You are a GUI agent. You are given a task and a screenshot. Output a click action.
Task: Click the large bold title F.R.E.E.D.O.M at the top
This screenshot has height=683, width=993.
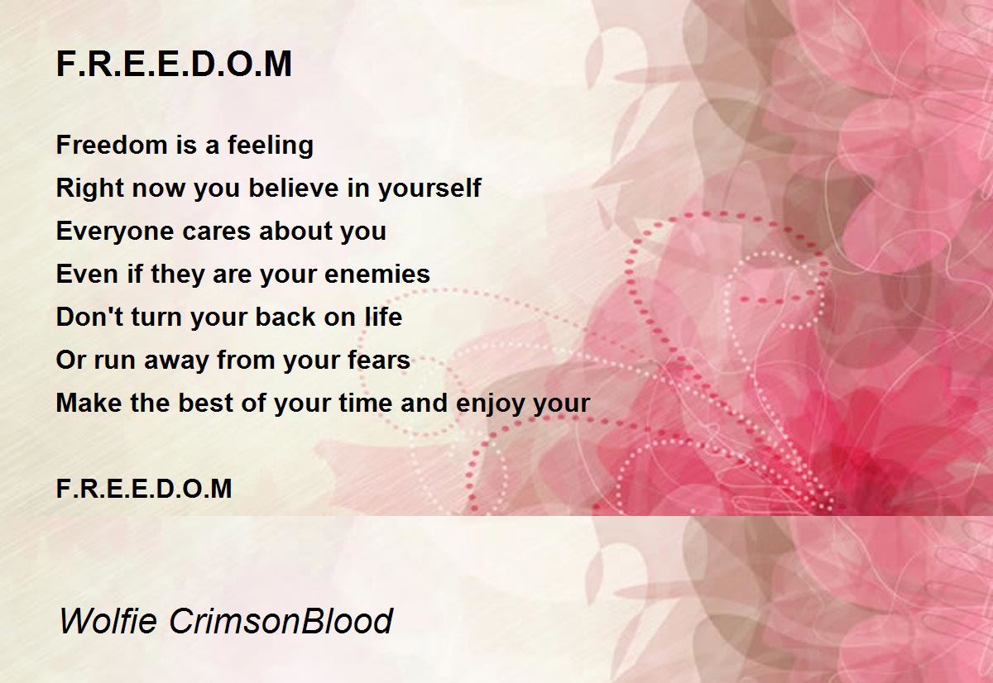(174, 64)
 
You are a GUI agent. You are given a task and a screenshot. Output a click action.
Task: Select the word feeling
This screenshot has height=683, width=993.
(271, 146)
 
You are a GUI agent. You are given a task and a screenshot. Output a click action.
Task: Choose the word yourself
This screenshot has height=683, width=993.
(429, 189)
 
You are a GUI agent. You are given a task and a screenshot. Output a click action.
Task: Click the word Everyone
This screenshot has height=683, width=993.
(115, 232)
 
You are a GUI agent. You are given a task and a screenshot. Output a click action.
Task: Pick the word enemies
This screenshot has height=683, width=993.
(377, 275)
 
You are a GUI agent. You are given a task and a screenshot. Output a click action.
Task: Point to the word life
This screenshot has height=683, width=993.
(383, 318)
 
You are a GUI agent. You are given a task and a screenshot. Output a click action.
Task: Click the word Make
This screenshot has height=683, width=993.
(89, 403)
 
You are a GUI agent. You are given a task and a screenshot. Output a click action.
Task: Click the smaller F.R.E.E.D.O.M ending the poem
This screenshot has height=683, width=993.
(144, 489)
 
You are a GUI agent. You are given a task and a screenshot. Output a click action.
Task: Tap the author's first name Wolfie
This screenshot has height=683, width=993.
(108, 620)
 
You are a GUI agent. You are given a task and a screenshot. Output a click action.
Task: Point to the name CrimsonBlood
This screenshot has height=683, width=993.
(281, 620)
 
